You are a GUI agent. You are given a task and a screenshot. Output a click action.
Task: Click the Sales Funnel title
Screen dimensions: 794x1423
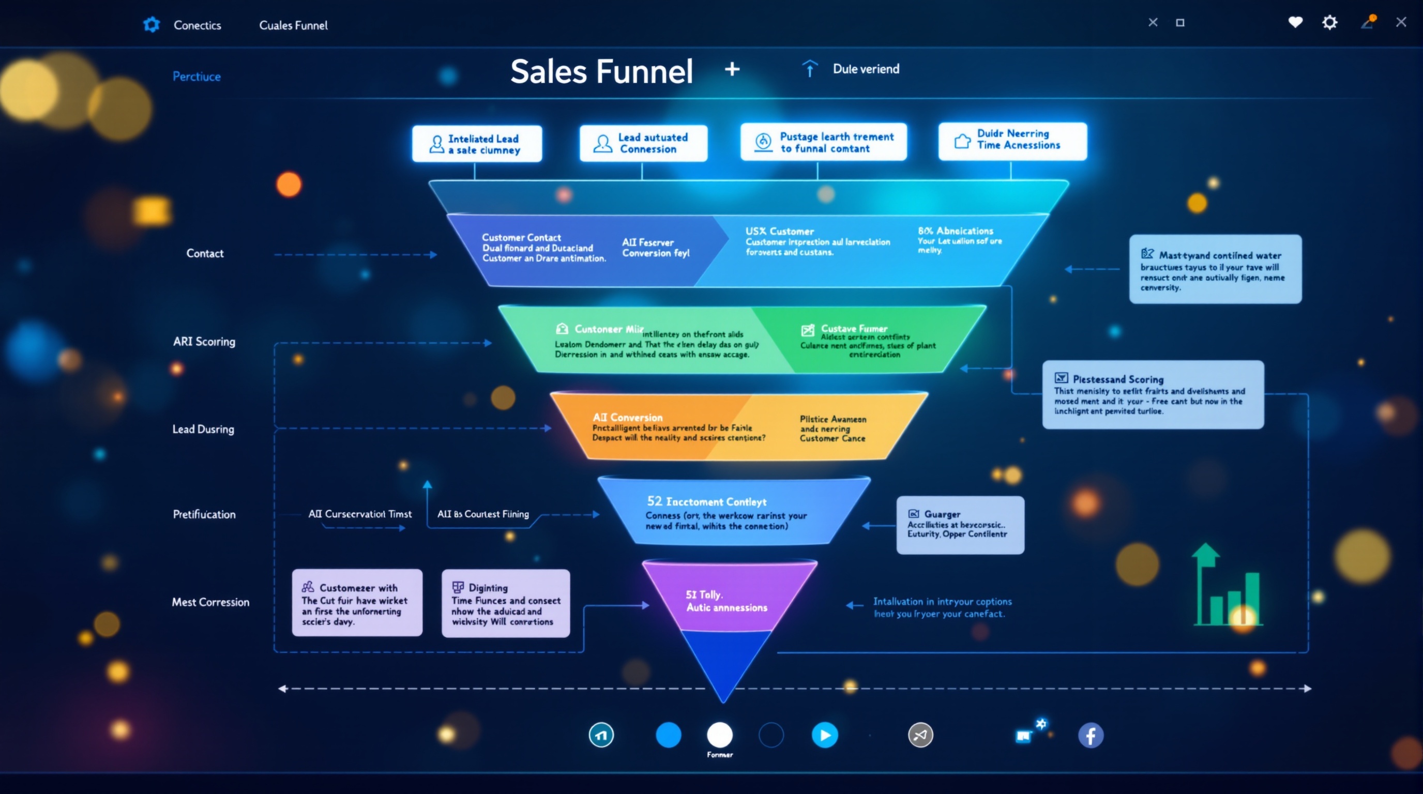coord(601,71)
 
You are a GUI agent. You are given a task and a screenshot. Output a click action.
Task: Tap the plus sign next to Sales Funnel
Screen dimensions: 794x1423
coord(732,69)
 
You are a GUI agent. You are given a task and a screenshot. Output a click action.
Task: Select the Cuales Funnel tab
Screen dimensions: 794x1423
coord(293,25)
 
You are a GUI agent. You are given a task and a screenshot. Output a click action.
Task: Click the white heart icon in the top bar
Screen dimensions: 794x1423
coord(1295,22)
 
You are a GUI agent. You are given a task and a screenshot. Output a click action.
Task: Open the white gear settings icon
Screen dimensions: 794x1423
coord(1329,22)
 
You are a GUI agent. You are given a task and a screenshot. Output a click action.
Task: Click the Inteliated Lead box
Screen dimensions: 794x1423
coord(477,144)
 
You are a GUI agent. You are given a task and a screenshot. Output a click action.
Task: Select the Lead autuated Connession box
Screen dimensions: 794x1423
coord(643,143)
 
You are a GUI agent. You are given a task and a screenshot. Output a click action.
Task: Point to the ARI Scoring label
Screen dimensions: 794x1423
coord(204,342)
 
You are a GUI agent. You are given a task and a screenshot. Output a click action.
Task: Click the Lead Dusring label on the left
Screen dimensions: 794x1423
coord(203,429)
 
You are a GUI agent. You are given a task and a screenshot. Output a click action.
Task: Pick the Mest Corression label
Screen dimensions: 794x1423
coord(210,602)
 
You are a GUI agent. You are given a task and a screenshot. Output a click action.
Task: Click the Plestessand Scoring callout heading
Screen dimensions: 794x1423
coord(1117,379)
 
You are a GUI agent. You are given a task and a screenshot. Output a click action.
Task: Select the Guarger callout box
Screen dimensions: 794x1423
coord(960,525)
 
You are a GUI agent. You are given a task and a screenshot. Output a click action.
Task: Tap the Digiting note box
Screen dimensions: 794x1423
coord(506,603)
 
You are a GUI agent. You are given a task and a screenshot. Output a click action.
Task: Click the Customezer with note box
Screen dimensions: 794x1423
coord(357,603)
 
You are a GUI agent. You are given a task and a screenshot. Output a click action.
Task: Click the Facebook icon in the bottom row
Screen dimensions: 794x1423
coord(1091,736)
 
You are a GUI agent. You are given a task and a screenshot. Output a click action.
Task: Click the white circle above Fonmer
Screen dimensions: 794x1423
coord(719,735)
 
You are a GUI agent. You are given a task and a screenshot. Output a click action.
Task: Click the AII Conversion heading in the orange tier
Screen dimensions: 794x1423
coord(627,418)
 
